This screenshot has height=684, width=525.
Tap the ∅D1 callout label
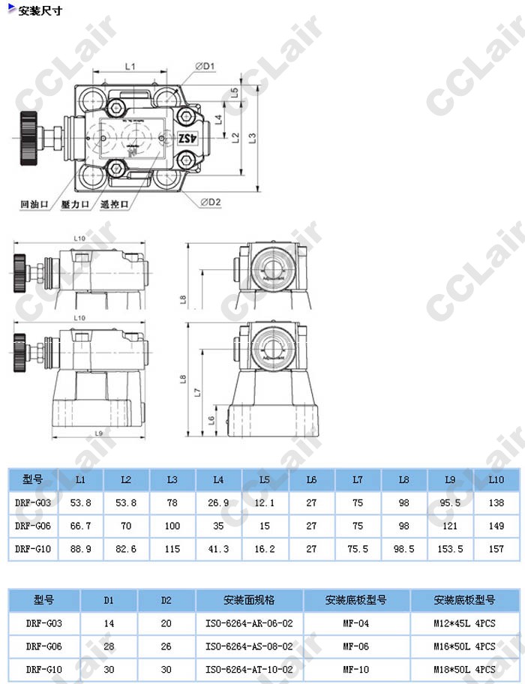[205, 66]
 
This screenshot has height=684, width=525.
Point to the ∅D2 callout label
[211, 201]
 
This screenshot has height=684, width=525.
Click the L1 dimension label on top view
[129, 67]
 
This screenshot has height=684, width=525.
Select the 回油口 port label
[34, 204]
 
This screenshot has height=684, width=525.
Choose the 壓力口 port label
[76, 204]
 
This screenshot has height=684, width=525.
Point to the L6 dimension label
[211, 421]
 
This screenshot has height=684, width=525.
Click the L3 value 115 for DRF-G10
[172, 549]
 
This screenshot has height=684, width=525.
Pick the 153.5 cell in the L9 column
[450, 549]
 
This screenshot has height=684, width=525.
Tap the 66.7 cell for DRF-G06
[80, 526]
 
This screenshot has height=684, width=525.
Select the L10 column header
[496, 479]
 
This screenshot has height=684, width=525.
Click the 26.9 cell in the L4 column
[218, 502]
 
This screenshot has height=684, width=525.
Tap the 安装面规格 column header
[249, 600]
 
